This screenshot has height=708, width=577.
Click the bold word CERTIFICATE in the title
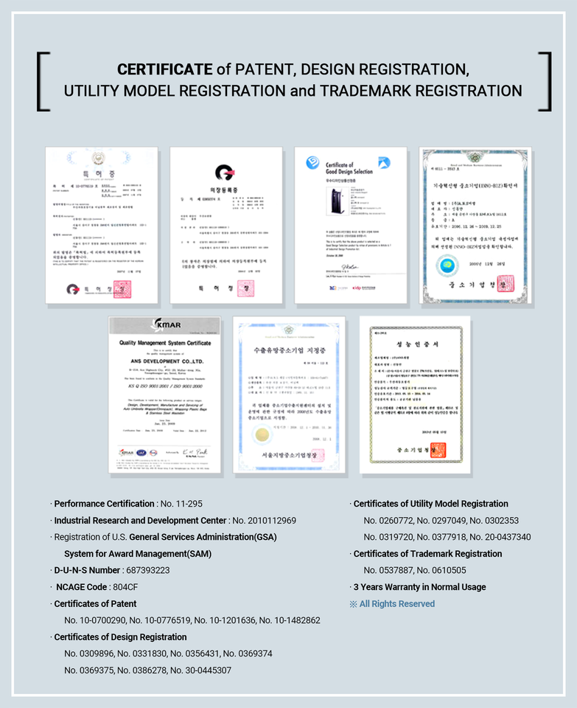pyautogui.click(x=164, y=70)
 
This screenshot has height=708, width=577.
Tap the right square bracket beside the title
pyautogui.click(x=545, y=82)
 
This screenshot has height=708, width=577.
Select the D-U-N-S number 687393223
pyautogui.click(x=147, y=570)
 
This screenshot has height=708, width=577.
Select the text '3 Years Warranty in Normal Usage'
pyautogui.click(x=419, y=587)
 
